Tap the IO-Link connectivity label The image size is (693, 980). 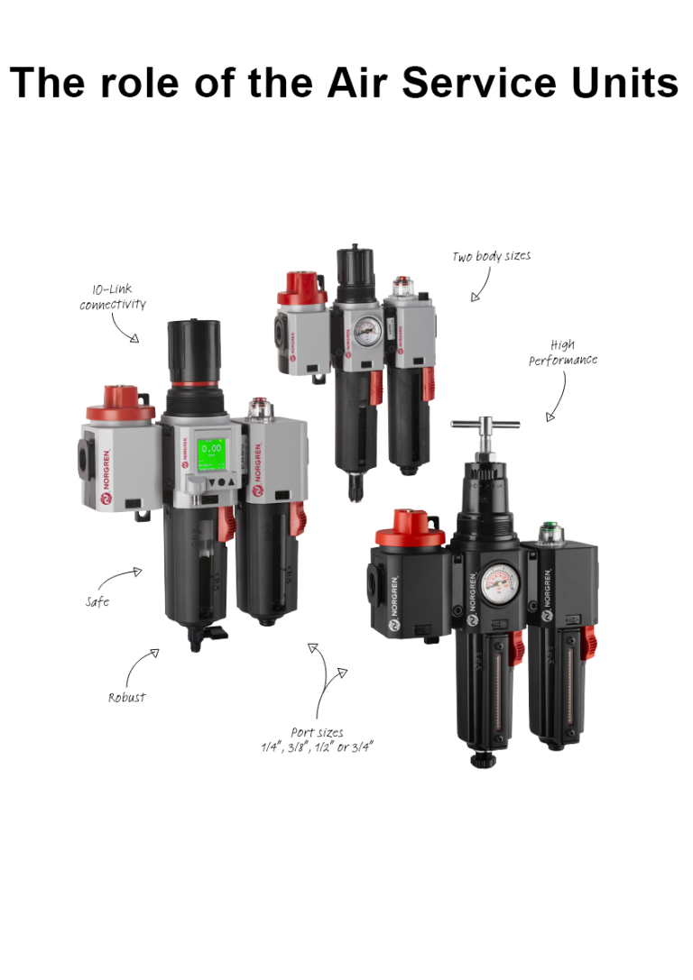tap(112, 298)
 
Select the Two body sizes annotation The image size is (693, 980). tap(491, 257)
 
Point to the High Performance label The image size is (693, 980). tap(563, 353)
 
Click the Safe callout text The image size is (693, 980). tap(97, 601)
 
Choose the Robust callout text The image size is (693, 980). tap(126, 697)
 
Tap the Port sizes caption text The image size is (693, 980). tap(317, 740)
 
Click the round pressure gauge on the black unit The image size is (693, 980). tap(494, 582)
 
